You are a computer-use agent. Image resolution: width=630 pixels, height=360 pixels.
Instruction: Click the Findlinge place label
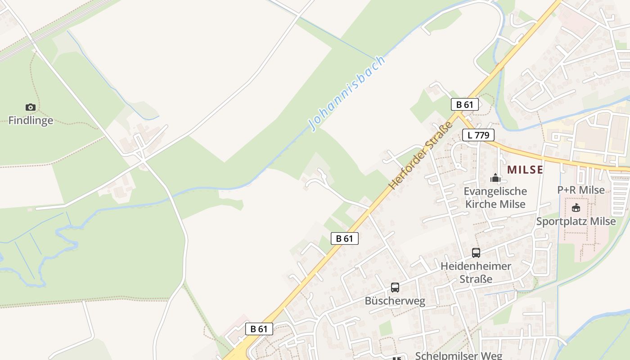point(31,121)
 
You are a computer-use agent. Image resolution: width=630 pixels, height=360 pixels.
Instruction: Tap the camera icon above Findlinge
point(31,107)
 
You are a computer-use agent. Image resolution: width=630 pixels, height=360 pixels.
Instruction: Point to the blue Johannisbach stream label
point(347,93)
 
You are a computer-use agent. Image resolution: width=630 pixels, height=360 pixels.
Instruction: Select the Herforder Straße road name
point(420,155)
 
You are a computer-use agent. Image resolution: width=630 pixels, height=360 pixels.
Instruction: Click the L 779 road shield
point(478,135)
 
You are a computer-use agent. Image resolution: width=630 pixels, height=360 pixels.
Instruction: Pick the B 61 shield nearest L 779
point(464,105)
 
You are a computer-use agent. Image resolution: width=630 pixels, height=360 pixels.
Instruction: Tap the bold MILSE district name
point(525,170)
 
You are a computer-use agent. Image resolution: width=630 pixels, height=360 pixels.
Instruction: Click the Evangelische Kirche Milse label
point(495,198)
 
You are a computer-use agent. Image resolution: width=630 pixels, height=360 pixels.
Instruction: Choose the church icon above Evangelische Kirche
point(495,178)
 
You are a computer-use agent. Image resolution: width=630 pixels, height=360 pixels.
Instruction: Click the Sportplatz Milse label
point(576,221)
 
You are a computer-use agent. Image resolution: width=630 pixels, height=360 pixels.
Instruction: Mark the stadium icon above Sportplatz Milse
point(576,208)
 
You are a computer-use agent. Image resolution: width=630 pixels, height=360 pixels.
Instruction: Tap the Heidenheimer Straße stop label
point(476,272)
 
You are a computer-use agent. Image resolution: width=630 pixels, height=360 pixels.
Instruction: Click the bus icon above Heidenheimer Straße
point(476,253)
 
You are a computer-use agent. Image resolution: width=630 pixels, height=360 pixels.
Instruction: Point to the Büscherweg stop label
point(395,301)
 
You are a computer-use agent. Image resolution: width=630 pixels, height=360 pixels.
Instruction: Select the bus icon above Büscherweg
point(395,287)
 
